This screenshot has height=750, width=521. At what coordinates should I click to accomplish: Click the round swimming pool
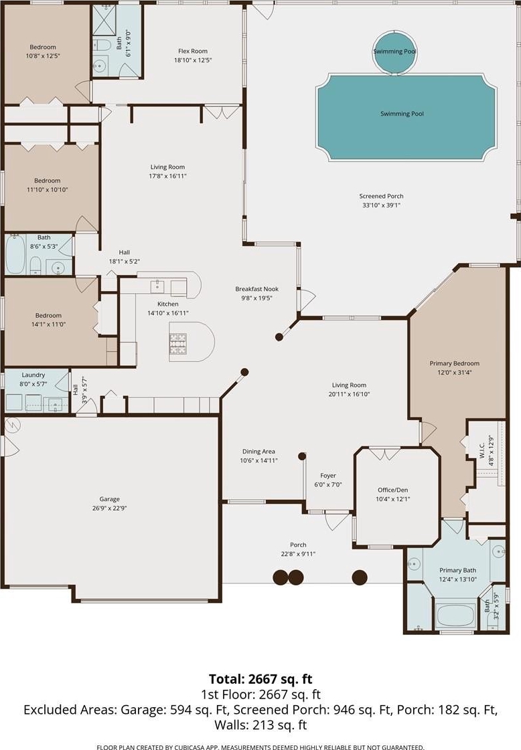394,52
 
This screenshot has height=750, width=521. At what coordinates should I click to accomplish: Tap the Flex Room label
193,51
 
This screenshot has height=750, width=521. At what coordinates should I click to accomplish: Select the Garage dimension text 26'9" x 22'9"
110,508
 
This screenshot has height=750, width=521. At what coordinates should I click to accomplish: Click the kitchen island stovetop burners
177,343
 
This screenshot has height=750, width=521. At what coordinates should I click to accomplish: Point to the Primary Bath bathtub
455,615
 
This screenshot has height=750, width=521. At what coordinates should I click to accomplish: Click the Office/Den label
393,490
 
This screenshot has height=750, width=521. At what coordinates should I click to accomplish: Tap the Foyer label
328,476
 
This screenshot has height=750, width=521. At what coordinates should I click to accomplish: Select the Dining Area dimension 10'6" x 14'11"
258,460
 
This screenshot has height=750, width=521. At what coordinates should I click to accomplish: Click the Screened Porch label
381,196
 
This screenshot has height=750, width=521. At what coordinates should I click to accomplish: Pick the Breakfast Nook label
256,289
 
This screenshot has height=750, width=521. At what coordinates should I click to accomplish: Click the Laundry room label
33,375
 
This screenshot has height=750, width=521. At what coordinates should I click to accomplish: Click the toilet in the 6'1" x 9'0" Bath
100,46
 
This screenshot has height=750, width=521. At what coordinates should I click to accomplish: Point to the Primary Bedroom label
455,363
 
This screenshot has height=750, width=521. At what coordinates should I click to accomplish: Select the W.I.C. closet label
481,450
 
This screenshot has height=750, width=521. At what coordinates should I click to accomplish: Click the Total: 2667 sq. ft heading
260,678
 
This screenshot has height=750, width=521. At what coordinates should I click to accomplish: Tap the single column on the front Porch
360,577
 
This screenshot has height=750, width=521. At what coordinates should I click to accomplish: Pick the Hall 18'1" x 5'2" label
125,257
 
